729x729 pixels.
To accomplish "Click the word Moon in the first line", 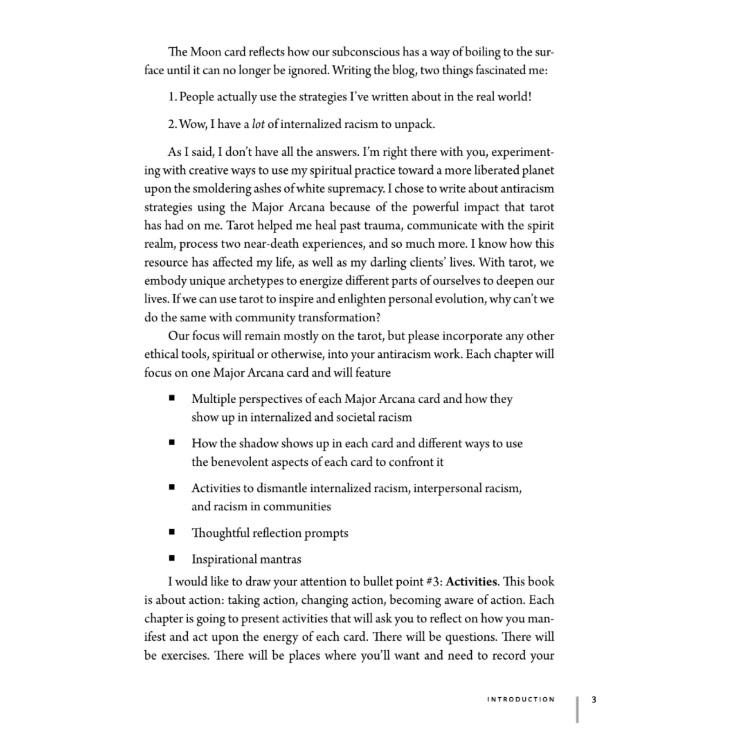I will (x=206, y=52).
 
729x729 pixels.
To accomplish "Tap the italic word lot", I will (x=258, y=124).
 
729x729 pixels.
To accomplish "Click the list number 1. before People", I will (x=172, y=97).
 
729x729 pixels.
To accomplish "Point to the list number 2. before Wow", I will (x=172, y=124).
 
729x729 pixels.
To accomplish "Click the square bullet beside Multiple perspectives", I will (x=172, y=398).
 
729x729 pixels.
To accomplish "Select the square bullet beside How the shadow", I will (x=172, y=442).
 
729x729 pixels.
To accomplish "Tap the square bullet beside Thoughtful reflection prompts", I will (x=172, y=532).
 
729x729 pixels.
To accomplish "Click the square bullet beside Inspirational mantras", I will (x=172, y=558).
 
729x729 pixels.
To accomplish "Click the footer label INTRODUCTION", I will (x=521, y=699).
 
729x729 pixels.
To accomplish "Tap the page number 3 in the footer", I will (x=594, y=699).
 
